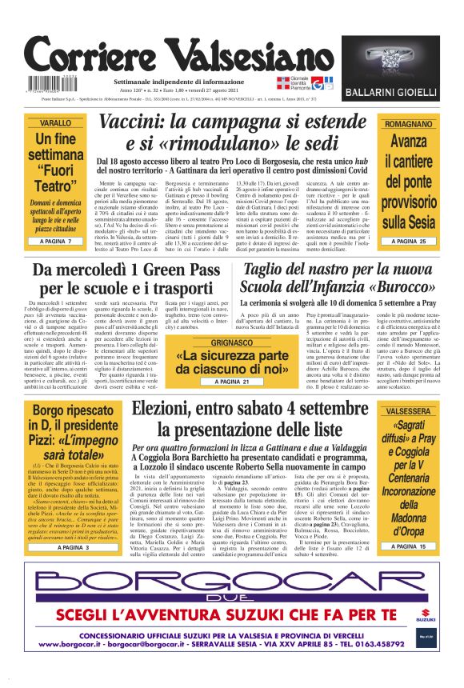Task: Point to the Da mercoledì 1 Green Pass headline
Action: [x=126, y=279]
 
